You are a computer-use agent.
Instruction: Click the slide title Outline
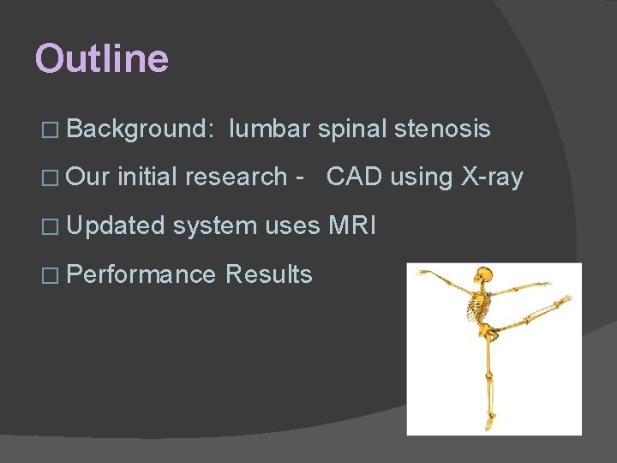pos(102,59)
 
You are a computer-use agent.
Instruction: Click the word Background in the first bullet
pos(138,129)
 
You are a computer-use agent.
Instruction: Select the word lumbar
pos(269,129)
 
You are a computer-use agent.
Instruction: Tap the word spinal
pos(352,129)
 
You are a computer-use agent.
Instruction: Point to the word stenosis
pos(442,129)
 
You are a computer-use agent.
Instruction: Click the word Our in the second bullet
pos(88,177)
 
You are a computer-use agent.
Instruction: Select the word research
pos(235,177)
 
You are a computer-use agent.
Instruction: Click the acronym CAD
pos(355,177)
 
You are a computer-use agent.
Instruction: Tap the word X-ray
pos(491,177)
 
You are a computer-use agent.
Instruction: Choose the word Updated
pos(115,226)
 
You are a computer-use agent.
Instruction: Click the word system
pos(214,226)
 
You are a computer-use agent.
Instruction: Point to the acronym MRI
pos(351,226)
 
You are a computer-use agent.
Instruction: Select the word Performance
pos(141,274)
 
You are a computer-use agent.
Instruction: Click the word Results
pos(268,274)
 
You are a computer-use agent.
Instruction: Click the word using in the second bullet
pos(422,177)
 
